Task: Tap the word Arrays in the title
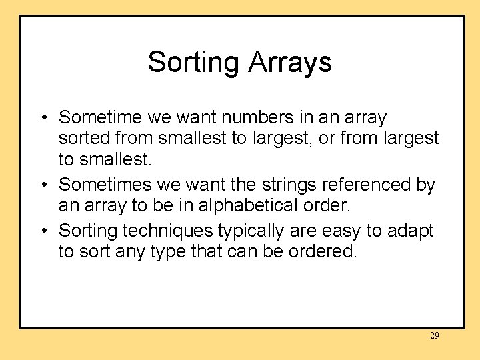point(290,63)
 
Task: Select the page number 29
point(434,336)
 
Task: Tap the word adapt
point(409,231)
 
